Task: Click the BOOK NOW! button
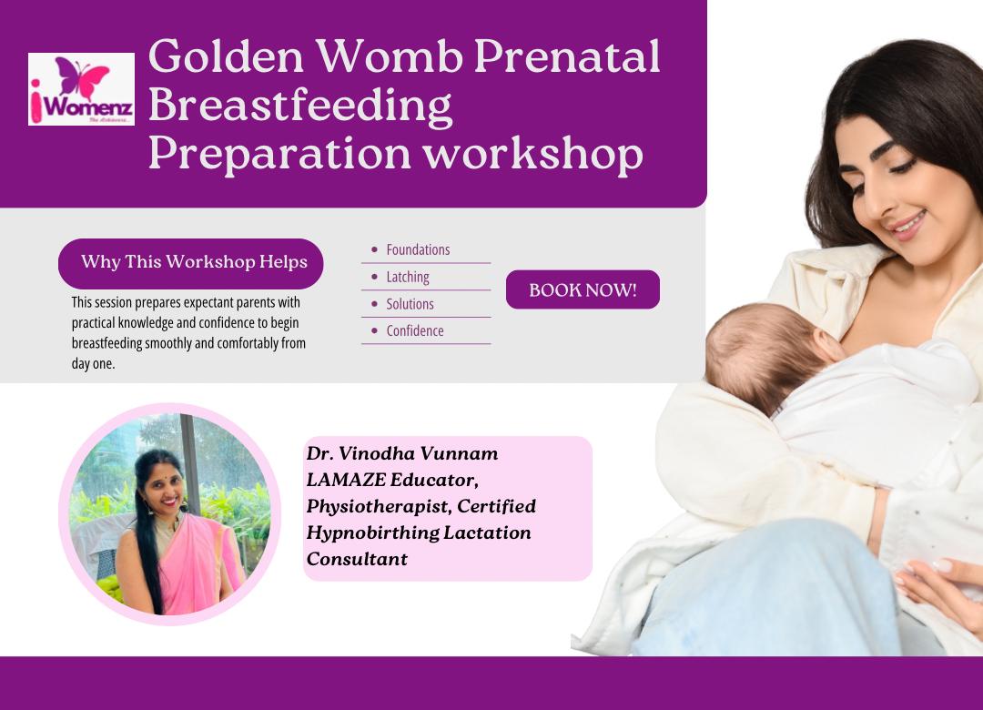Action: click(583, 289)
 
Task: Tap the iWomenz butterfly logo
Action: click(81, 89)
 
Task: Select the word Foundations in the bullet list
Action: click(418, 249)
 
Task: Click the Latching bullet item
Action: click(408, 277)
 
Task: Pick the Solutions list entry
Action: click(410, 304)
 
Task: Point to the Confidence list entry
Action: click(415, 330)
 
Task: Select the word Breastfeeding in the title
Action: click(300, 105)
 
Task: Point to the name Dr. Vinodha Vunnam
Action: click(402, 453)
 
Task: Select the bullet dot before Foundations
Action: click(375, 249)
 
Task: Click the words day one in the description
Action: click(94, 364)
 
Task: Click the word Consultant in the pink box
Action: click(357, 559)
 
